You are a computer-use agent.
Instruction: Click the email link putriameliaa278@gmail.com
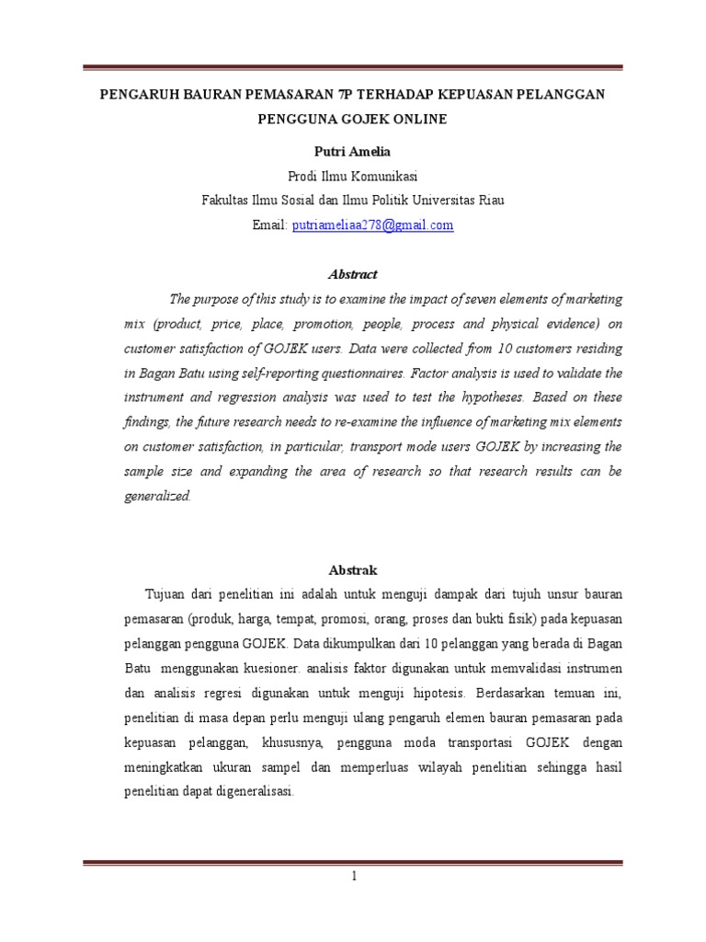372,224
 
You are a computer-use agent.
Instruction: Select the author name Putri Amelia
353,151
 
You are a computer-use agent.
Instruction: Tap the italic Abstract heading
353,274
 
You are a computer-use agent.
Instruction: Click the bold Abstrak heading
353,570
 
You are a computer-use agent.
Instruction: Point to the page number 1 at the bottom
353,876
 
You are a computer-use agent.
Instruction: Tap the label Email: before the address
270,224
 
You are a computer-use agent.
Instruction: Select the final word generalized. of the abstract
157,495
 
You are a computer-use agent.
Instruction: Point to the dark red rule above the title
353,68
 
